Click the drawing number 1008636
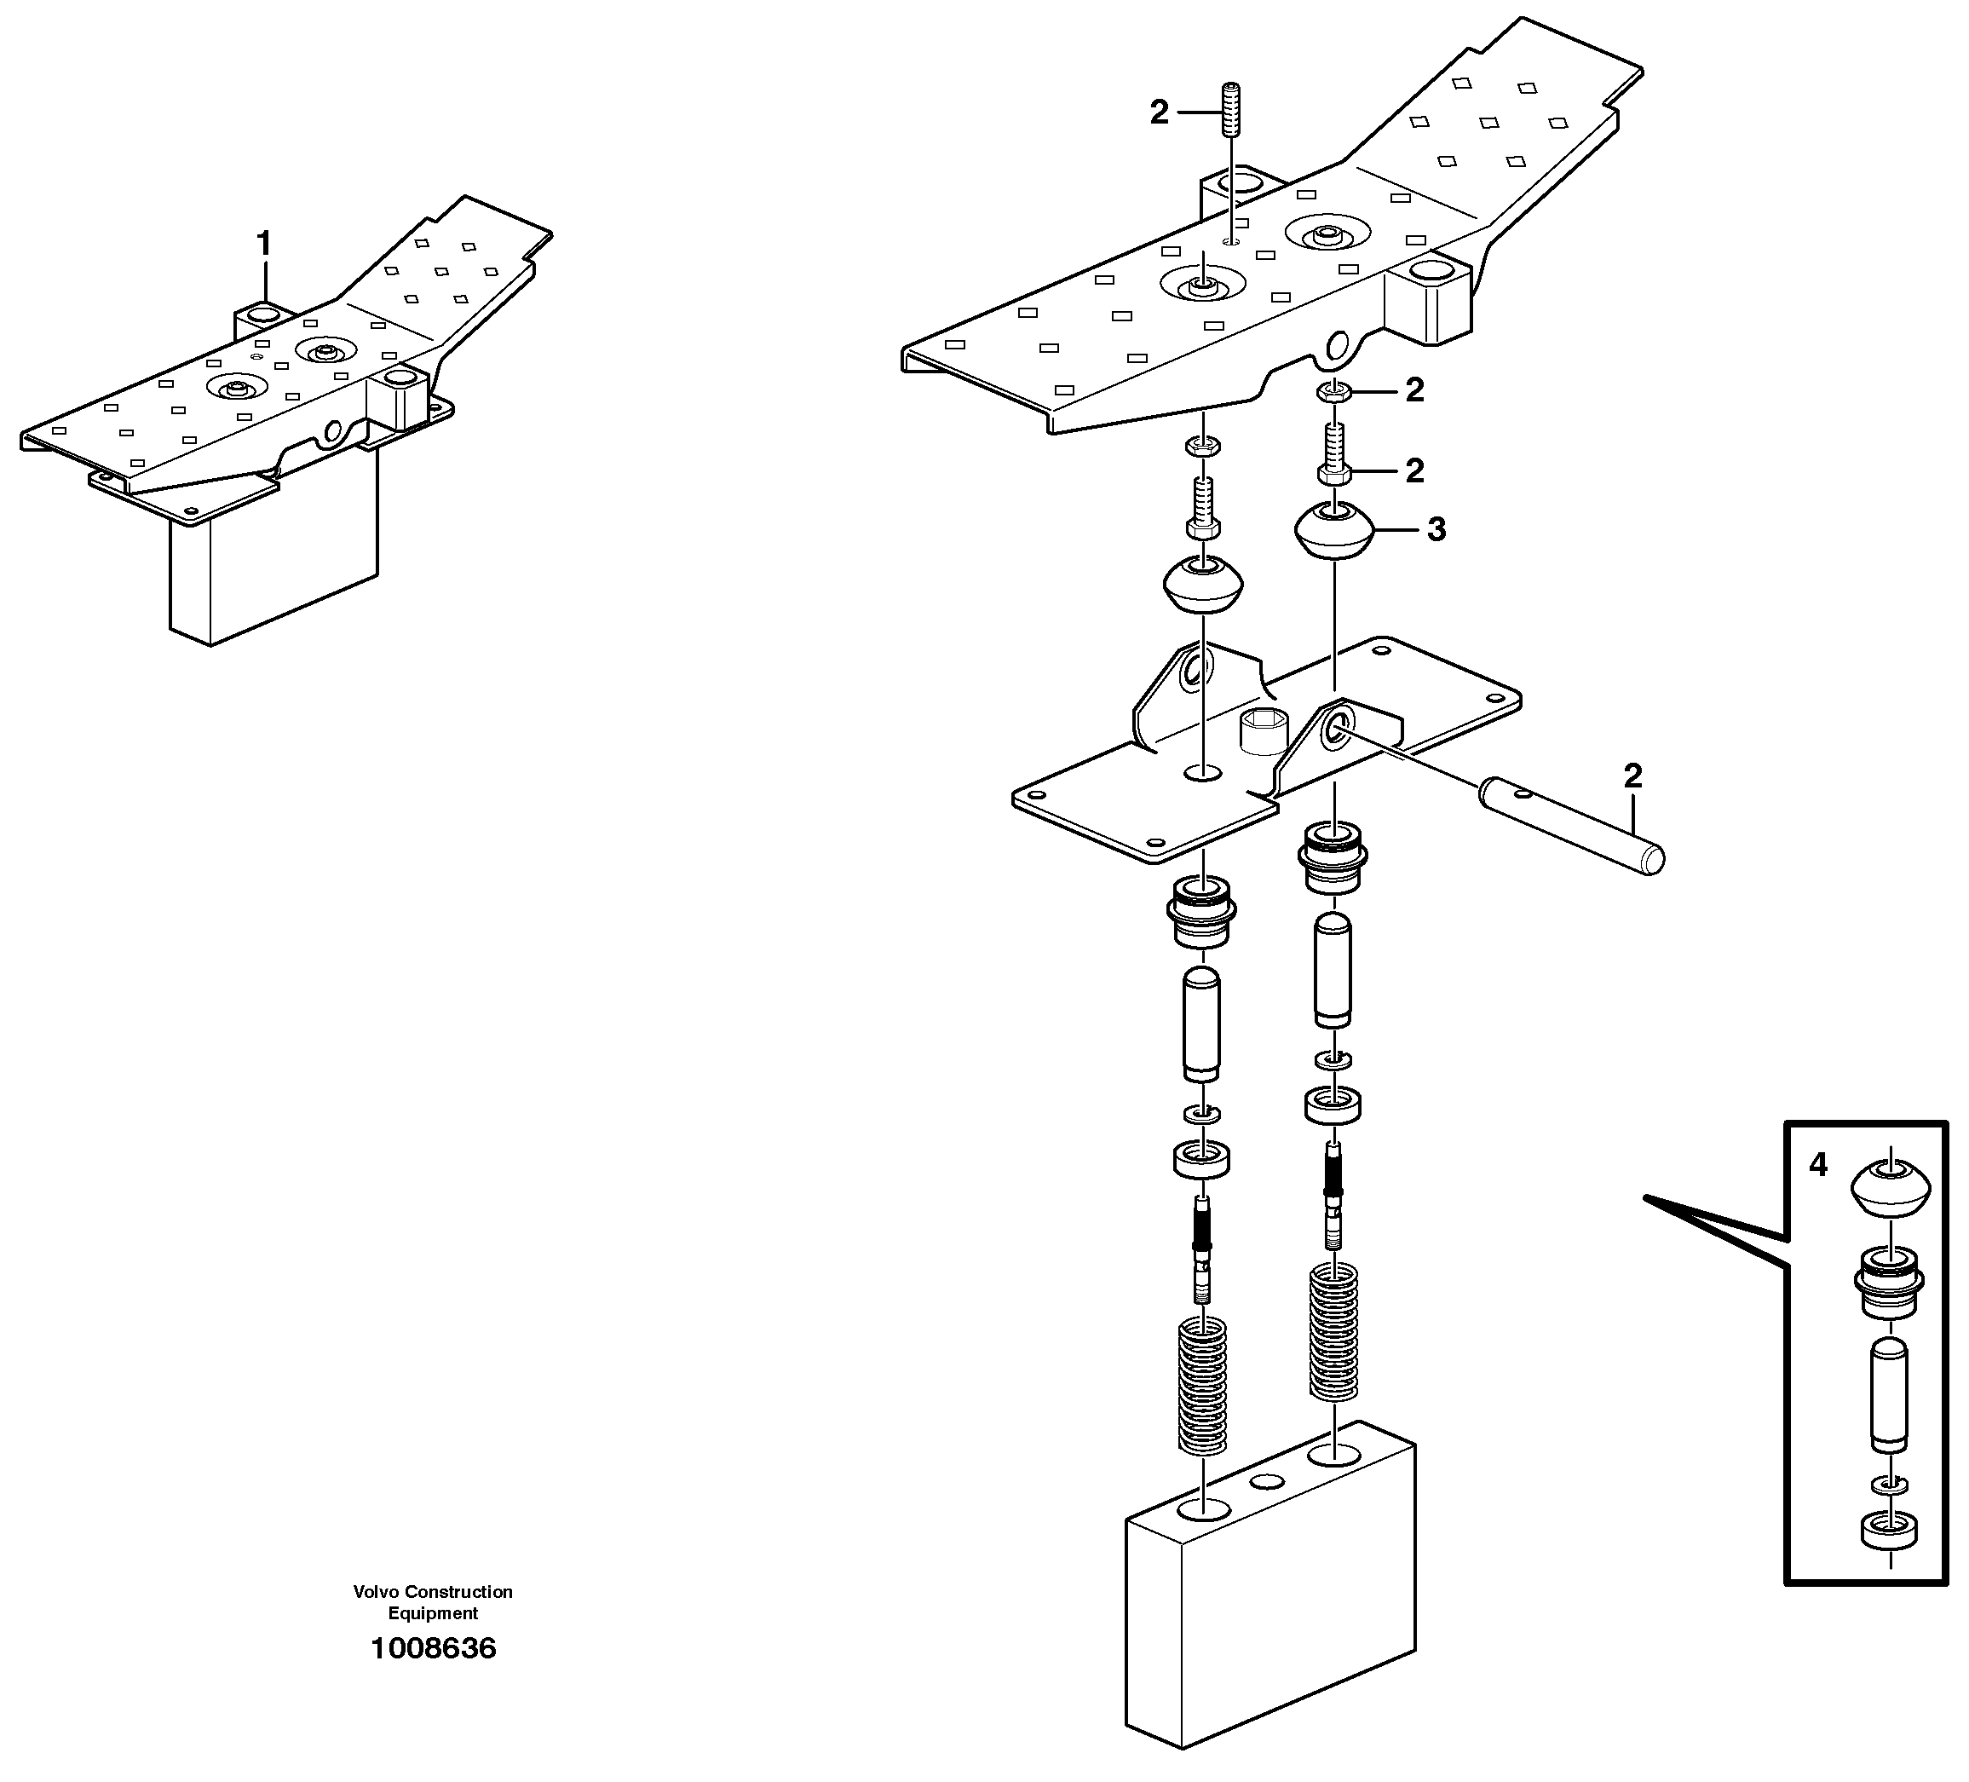[433, 1648]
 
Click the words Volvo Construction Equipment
[433, 1602]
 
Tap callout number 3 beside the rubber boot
[1436, 529]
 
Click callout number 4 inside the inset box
[1817, 1164]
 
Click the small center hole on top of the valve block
[1267, 1481]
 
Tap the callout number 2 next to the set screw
[1160, 113]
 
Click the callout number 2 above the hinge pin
[1632, 776]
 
